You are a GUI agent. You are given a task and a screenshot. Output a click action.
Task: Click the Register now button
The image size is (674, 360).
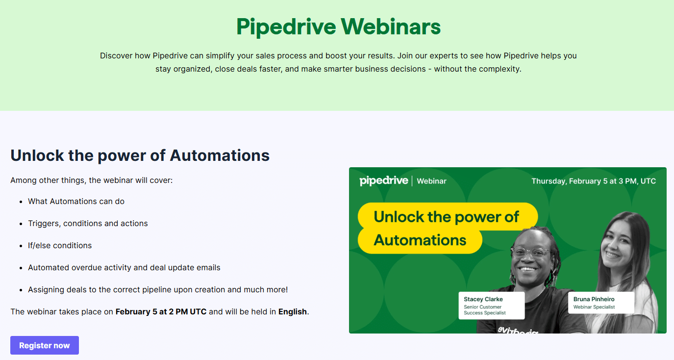click(x=45, y=345)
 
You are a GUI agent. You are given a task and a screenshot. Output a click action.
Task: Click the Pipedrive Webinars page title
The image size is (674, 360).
click(x=339, y=27)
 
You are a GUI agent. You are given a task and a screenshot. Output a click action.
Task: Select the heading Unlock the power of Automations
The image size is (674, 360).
click(x=140, y=155)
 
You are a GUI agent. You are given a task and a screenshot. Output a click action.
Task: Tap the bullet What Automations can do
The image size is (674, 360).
click(x=76, y=202)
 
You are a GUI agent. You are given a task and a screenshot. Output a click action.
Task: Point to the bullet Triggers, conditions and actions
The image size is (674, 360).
click(x=88, y=223)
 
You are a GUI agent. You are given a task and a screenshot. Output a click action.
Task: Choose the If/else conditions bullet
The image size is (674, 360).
click(x=60, y=246)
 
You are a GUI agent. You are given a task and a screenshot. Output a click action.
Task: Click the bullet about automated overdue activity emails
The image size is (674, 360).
click(x=124, y=268)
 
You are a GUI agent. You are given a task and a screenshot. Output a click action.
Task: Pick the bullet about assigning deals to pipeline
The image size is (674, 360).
click(x=158, y=289)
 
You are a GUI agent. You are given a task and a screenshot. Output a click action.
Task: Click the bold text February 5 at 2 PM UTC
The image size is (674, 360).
click(x=161, y=311)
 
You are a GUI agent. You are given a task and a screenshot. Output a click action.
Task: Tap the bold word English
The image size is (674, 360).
click(x=293, y=312)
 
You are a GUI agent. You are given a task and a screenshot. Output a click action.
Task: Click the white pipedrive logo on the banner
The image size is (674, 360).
click(x=384, y=181)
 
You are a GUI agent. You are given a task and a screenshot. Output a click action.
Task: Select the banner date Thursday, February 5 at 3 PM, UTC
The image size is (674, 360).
click(x=594, y=181)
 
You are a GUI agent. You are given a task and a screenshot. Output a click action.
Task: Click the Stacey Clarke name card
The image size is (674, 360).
click(x=492, y=306)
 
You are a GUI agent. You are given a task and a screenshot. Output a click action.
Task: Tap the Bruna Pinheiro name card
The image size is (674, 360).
click(x=601, y=303)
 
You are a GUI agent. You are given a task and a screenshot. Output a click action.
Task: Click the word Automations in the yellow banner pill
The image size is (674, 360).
click(x=420, y=240)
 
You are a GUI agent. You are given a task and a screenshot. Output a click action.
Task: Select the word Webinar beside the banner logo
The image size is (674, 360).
click(x=431, y=181)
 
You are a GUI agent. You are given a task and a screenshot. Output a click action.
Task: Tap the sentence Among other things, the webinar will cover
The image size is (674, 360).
click(x=92, y=180)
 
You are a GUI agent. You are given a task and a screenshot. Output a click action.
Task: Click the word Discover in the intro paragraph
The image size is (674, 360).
click(x=116, y=56)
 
